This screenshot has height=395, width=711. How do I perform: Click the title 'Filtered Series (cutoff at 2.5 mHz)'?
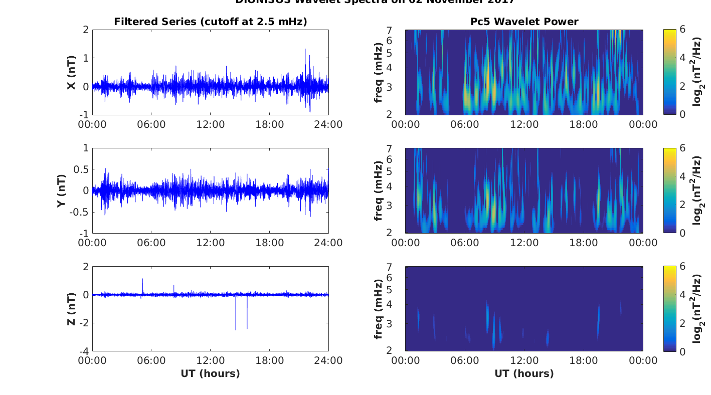pos(210,22)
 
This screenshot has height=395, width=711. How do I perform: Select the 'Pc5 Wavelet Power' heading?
pos(524,22)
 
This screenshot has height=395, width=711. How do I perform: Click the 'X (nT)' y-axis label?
pos(72,72)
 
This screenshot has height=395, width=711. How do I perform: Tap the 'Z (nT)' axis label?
pos(72,309)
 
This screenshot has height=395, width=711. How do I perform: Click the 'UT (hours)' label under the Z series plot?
pos(210,373)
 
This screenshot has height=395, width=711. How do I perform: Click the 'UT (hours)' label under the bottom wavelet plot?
pos(524,373)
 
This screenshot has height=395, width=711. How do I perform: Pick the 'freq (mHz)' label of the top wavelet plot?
pos(379,72)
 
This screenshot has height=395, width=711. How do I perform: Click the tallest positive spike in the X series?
pos(305,50)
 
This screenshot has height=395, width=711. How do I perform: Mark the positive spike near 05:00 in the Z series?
pos(142,280)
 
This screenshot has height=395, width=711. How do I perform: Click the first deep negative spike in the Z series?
pos(236,329)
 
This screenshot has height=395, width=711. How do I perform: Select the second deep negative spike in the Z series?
pos(247,328)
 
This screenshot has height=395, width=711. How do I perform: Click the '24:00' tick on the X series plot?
pos(328,124)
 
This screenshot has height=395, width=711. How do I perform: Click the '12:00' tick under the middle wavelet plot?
pos(524,243)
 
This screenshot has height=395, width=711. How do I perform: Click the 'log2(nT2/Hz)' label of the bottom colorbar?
pos(697,309)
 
